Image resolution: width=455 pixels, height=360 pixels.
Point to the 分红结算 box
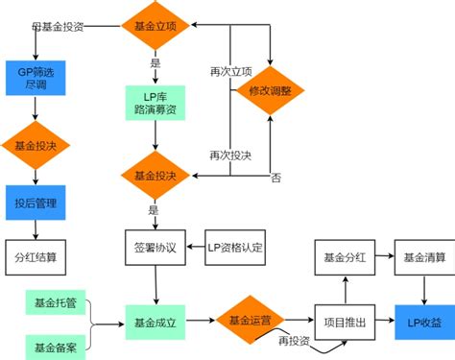click(35, 257)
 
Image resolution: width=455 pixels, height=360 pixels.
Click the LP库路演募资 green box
click(155, 104)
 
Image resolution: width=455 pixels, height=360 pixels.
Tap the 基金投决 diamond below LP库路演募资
click(154, 176)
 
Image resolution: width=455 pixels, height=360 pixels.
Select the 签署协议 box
click(154, 247)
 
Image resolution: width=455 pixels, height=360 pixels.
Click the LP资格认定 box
click(235, 247)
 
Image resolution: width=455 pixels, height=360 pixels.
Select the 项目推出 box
click(342, 322)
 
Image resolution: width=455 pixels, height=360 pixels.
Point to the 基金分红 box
click(342, 257)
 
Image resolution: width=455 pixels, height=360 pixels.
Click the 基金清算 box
click(422, 257)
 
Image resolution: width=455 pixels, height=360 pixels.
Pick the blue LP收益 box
click(422, 322)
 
